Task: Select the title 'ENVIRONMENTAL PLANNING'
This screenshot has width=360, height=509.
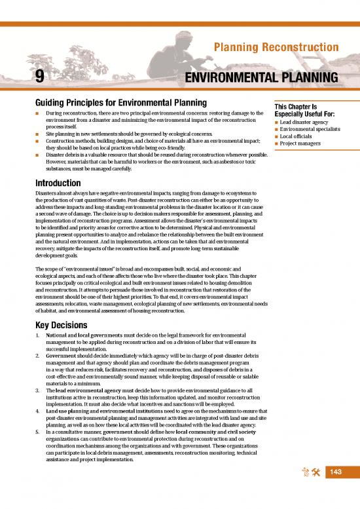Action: click(262, 79)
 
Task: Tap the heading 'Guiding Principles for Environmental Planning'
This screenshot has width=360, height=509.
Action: click(121, 103)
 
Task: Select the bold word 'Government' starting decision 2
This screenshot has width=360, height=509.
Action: click(63, 360)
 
